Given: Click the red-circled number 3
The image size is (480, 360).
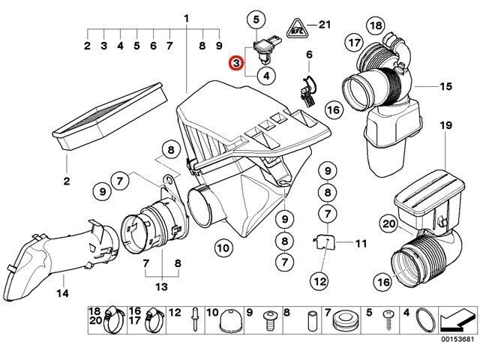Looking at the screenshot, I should coord(236,64).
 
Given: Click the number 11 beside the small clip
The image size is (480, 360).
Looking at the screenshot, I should coord(361,243).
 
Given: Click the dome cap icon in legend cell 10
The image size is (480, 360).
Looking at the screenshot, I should coord(229,322).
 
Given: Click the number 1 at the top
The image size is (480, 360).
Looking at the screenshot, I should coord(186,18).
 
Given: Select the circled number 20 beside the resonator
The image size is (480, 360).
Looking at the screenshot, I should coord(388,223).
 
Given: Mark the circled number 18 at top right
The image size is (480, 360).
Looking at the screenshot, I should coord(376,26).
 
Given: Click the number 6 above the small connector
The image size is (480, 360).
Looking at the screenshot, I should coord(308,55).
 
